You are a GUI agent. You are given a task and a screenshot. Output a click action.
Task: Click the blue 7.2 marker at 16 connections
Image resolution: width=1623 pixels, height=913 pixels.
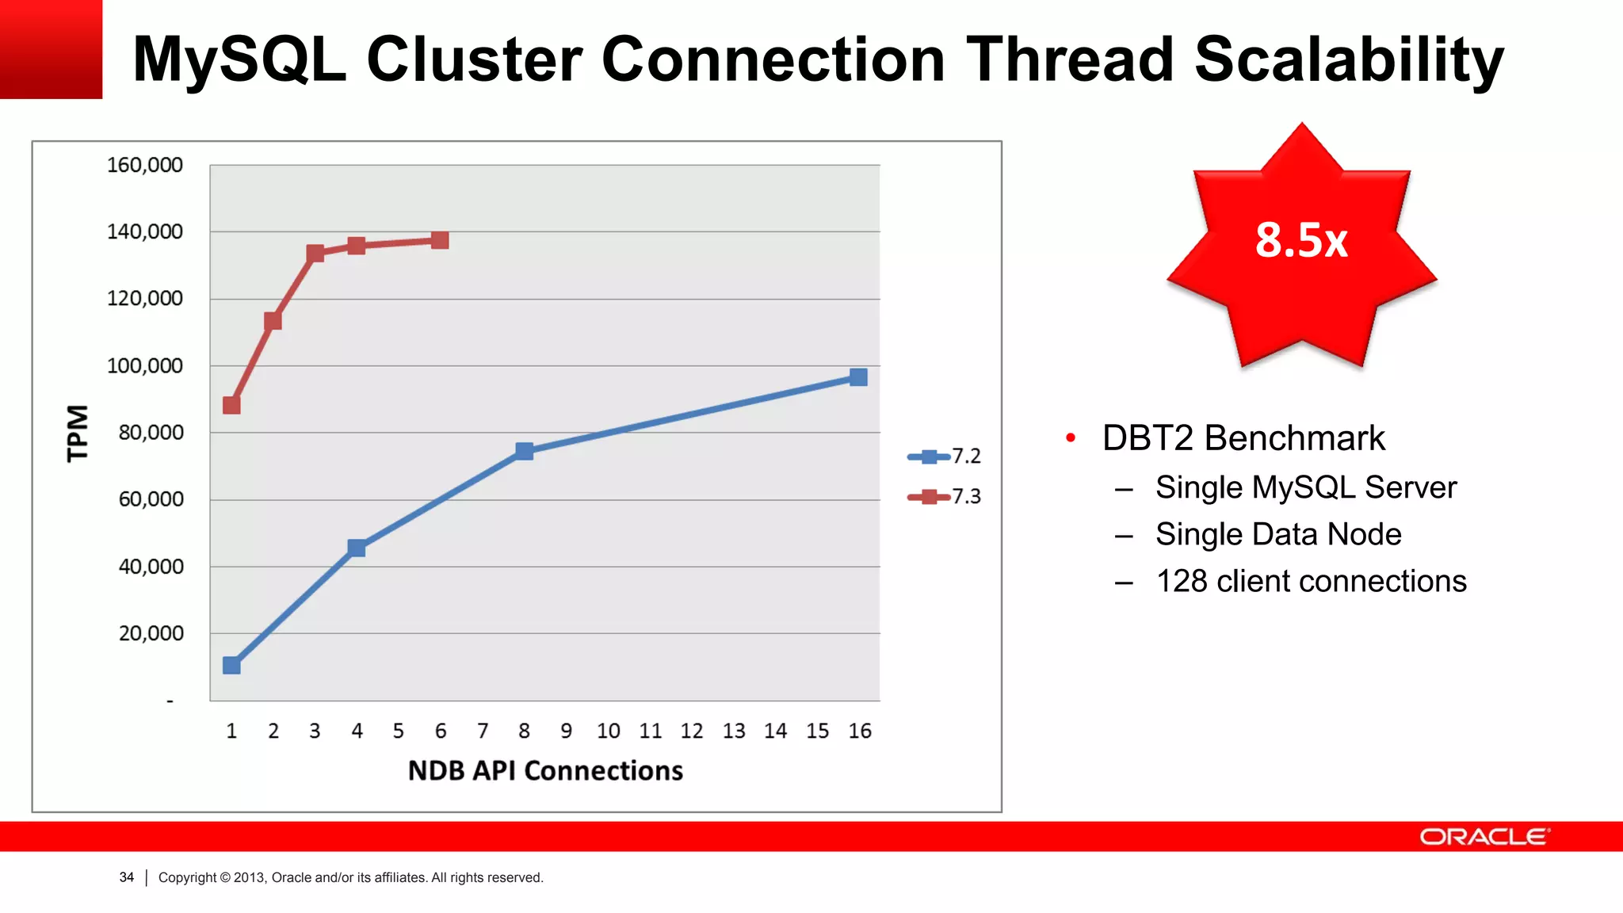[858, 377]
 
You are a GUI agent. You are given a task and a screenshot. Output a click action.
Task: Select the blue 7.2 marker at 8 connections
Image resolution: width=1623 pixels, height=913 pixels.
[524, 451]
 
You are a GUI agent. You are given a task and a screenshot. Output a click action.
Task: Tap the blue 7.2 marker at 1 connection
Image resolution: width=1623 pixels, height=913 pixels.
[231, 665]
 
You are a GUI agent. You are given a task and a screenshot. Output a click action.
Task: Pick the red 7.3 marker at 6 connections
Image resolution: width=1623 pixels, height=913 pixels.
[440, 240]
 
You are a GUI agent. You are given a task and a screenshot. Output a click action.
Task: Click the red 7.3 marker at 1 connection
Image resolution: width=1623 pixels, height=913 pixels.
[231, 405]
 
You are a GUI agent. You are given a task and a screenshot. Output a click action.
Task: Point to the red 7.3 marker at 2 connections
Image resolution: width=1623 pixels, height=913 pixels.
[273, 321]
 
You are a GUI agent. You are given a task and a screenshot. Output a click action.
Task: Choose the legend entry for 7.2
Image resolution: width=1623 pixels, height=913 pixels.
[945, 456]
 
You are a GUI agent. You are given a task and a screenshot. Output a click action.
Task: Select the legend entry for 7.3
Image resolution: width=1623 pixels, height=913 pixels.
[945, 497]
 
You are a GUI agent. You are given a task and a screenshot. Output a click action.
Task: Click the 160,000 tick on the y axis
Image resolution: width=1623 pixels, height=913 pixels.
[145, 165]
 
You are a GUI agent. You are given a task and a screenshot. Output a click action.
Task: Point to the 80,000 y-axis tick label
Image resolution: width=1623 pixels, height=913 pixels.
[151, 433]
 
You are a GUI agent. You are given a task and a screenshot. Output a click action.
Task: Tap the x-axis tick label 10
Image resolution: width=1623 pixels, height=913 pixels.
[608, 731]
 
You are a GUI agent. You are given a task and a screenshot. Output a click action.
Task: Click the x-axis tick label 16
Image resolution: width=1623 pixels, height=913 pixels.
[859, 731]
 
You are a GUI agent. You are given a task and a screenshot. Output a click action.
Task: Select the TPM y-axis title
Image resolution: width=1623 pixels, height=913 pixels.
[78, 433]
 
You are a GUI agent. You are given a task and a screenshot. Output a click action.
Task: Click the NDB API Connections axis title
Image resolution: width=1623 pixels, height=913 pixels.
[545, 770]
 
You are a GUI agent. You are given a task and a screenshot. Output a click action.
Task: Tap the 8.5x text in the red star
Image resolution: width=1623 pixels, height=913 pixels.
[1301, 240]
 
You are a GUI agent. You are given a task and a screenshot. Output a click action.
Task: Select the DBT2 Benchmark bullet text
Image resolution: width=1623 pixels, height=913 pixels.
[1243, 438]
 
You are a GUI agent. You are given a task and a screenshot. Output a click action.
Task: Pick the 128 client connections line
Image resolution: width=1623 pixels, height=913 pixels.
[1311, 581]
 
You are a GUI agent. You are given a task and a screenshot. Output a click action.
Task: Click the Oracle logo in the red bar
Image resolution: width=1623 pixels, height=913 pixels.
[1484, 837]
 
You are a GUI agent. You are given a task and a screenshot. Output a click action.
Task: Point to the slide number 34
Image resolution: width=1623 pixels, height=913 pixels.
[127, 877]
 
